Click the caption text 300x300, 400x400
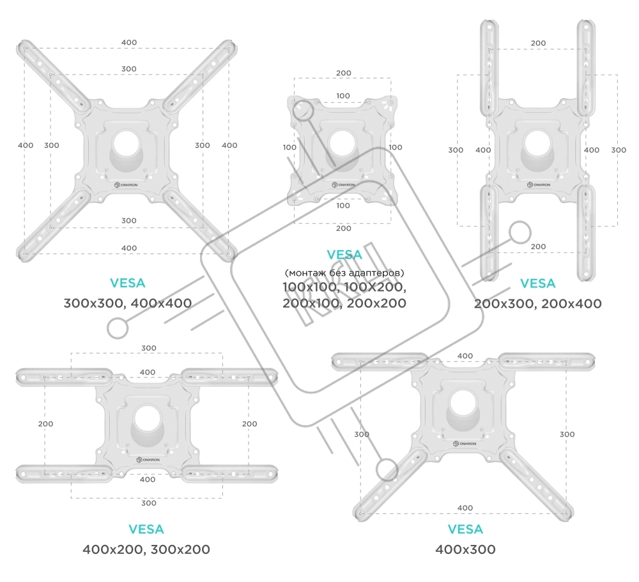tap(127, 303)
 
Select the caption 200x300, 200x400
tap(537, 304)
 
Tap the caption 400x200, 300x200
tap(146, 549)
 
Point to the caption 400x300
tap(465, 549)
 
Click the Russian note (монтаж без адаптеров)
tap(344, 272)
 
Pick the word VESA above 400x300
tap(465, 529)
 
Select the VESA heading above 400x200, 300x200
tap(146, 529)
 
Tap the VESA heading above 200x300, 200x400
tap(537, 283)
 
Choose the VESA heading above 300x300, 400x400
tap(128, 283)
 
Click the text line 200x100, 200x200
tap(344, 303)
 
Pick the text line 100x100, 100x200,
tap(344, 288)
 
